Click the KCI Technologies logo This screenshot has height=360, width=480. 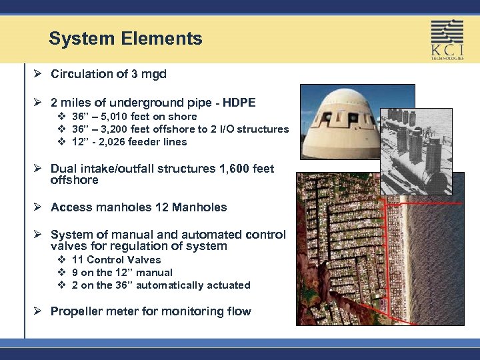coord(446,39)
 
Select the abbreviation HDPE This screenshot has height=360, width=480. coord(238,103)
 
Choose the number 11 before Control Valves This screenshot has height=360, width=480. coord(77,260)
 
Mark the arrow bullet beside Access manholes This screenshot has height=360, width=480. coord(38,207)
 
